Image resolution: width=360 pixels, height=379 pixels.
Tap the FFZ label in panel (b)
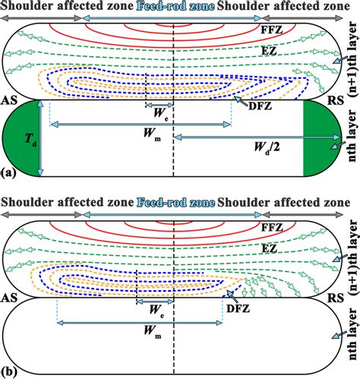(289, 228)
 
